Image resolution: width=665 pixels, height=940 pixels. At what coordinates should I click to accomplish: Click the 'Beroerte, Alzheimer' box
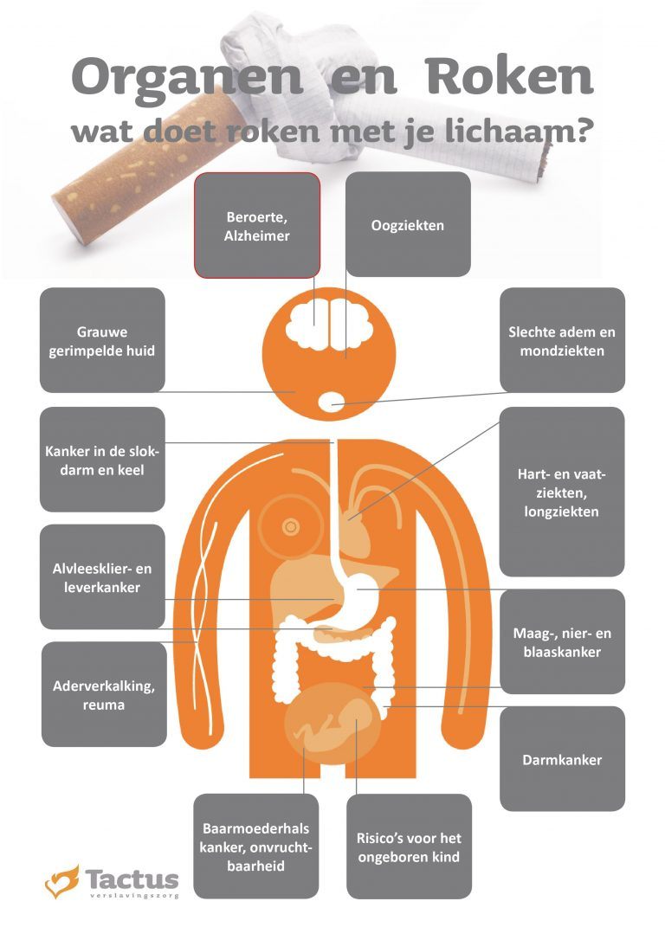point(256,225)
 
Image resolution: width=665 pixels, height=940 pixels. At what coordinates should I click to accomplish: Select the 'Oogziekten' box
point(408,225)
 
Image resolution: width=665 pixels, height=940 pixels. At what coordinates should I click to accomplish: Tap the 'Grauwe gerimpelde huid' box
point(102,340)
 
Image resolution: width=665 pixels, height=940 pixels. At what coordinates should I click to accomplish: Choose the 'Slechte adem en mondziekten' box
point(562,340)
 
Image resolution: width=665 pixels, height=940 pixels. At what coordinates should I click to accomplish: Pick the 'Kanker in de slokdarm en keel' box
point(102,460)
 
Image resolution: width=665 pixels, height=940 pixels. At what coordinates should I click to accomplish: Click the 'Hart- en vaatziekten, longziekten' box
point(562,492)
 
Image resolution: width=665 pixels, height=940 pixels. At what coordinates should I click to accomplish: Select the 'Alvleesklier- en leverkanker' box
point(102,576)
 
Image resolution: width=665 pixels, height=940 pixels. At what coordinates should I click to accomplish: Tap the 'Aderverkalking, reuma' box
point(104,694)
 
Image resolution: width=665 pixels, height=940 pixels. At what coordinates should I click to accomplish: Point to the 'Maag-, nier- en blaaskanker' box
point(562,641)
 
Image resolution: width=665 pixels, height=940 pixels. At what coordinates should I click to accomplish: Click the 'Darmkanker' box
point(562,759)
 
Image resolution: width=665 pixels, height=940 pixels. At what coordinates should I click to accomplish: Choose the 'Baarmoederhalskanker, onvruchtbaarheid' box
point(256,847)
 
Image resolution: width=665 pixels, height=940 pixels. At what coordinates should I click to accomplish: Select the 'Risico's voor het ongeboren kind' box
point(409,847)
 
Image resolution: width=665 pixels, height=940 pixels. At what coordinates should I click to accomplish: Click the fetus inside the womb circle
point(333,724)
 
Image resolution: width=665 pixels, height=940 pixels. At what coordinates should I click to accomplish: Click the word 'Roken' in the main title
point(510,76)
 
